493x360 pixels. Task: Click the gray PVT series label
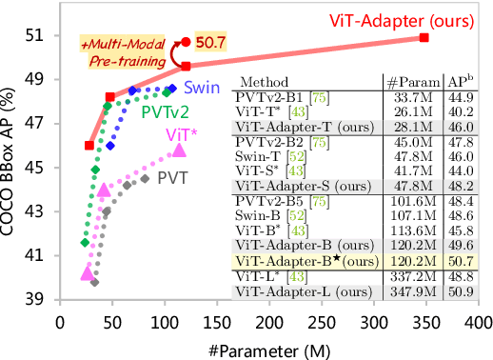(172, 177)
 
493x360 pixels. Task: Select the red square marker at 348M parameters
(424, 38)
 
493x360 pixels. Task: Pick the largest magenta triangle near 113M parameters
(178, 150)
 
